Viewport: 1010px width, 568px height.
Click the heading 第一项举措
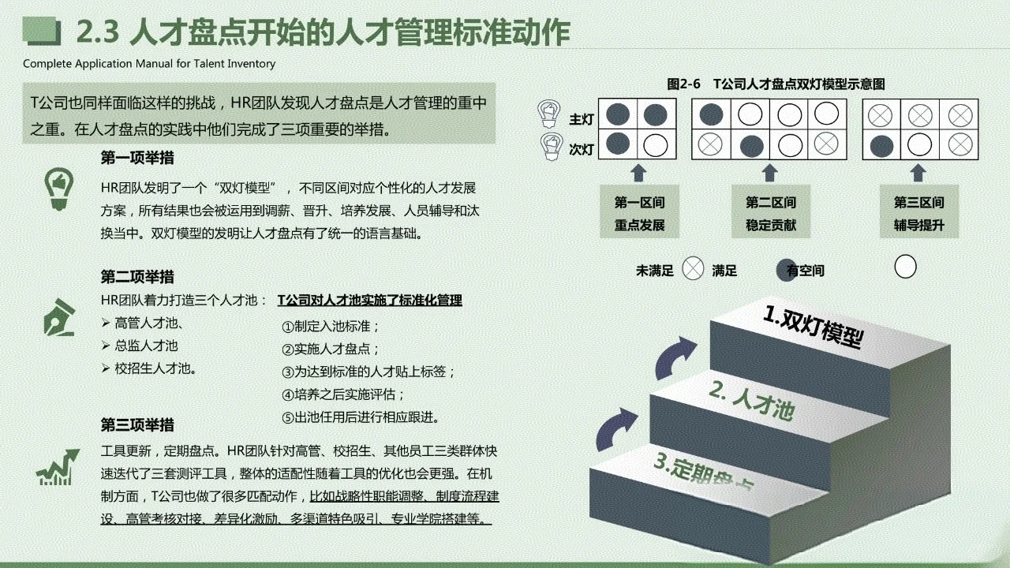tap(137, 158)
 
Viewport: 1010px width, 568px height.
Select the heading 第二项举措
tap(137, 277)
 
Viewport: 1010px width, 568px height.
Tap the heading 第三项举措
tap(137, 425)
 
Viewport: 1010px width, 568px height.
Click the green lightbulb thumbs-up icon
tap(58, 189)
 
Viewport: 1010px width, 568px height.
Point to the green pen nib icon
tap(59, 317)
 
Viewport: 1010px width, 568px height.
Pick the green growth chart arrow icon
tap(58, 466)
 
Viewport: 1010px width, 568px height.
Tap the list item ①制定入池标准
tap(331, 327)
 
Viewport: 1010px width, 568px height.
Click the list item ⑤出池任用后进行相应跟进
tap(360, 417)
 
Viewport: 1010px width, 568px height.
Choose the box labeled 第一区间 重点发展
tap(639, 214)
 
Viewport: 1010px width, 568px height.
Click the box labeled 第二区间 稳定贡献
tap(771, 214)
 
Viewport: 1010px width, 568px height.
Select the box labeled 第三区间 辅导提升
tap(918, 214)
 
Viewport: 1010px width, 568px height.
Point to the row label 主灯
tap(582, 119)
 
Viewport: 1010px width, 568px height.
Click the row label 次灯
tap(582, 148)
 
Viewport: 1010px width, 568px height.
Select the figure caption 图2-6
tap(683, 84)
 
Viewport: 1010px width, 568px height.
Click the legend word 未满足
tap(655, 271)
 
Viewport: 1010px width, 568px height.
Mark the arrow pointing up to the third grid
tap(918, 173)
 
